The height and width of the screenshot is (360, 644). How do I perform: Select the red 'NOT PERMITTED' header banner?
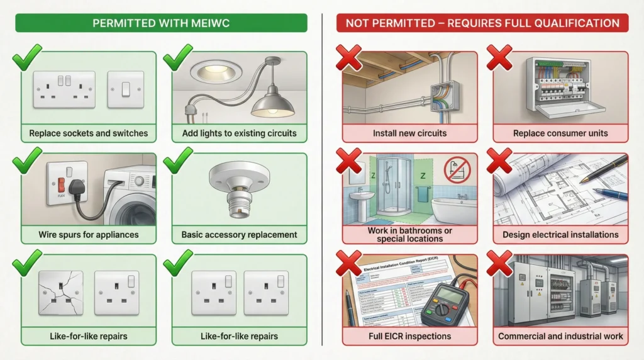(482, 23)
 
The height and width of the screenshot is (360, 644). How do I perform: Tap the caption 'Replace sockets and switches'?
(88, 133)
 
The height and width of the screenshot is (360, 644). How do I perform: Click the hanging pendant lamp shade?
(272, 104)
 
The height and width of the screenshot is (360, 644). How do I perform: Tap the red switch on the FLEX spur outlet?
(61, 185)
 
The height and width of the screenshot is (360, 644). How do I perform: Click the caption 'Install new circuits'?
(409, 133)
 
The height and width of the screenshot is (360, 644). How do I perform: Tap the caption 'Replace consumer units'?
(560, 133)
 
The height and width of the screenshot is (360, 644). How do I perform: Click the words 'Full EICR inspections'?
(409, 336)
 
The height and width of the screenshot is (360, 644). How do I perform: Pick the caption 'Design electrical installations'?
(560, 235)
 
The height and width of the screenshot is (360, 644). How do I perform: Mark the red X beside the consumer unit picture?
(500, 59)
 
